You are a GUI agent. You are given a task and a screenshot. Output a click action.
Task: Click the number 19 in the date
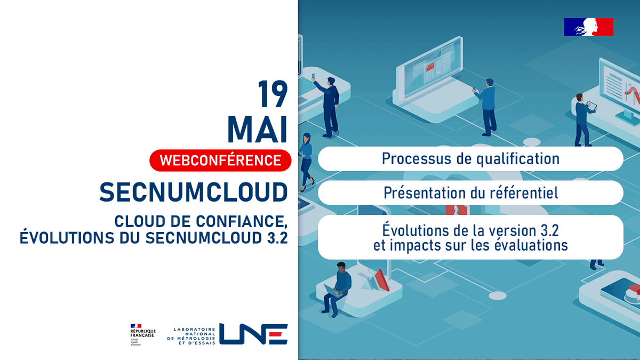pyautogui.click(x=273, y=95)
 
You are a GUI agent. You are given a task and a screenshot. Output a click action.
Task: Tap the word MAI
pyautogui.click(x=258, y=130)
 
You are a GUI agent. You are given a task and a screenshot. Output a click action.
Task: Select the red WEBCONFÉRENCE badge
pyautogui.click(x=220, y=160)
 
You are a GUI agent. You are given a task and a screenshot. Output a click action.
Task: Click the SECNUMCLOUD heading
pyautogui.click(x=193, y=191)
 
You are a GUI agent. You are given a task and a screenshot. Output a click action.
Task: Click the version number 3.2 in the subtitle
pyautogui.click(x=275, y=237)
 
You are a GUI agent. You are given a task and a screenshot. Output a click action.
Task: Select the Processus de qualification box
pyautogui.click(x=470, y=158)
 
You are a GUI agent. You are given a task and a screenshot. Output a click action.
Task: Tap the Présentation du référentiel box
pyautogui.click(x=470, y=193)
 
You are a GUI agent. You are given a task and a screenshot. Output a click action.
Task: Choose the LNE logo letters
pyautogui.click(x=253, y=334)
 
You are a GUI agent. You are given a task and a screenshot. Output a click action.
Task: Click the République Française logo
pyautogui.click(x=142, y=334)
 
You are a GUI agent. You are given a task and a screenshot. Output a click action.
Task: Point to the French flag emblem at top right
pyautogui.click(x=588, y=27)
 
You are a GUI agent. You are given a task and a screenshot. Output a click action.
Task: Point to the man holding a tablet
pyautogui.click(x=582, y=117)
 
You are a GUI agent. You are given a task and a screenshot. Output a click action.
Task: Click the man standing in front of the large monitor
pyautogui.click(x=487, y=107)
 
